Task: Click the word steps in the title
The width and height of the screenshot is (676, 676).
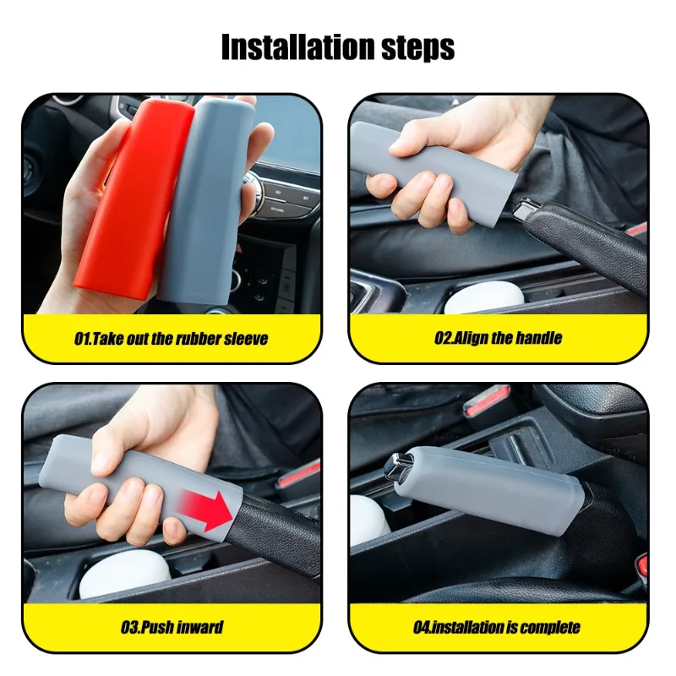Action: (411, 48)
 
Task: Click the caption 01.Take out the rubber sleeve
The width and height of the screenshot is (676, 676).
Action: (172, 339)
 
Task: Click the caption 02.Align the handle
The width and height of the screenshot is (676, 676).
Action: (499, 339)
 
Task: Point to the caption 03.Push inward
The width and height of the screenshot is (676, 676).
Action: (172, 627)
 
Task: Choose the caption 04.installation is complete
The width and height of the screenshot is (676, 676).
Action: (499, 627)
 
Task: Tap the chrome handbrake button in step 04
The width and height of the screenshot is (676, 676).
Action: (395, 466)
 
